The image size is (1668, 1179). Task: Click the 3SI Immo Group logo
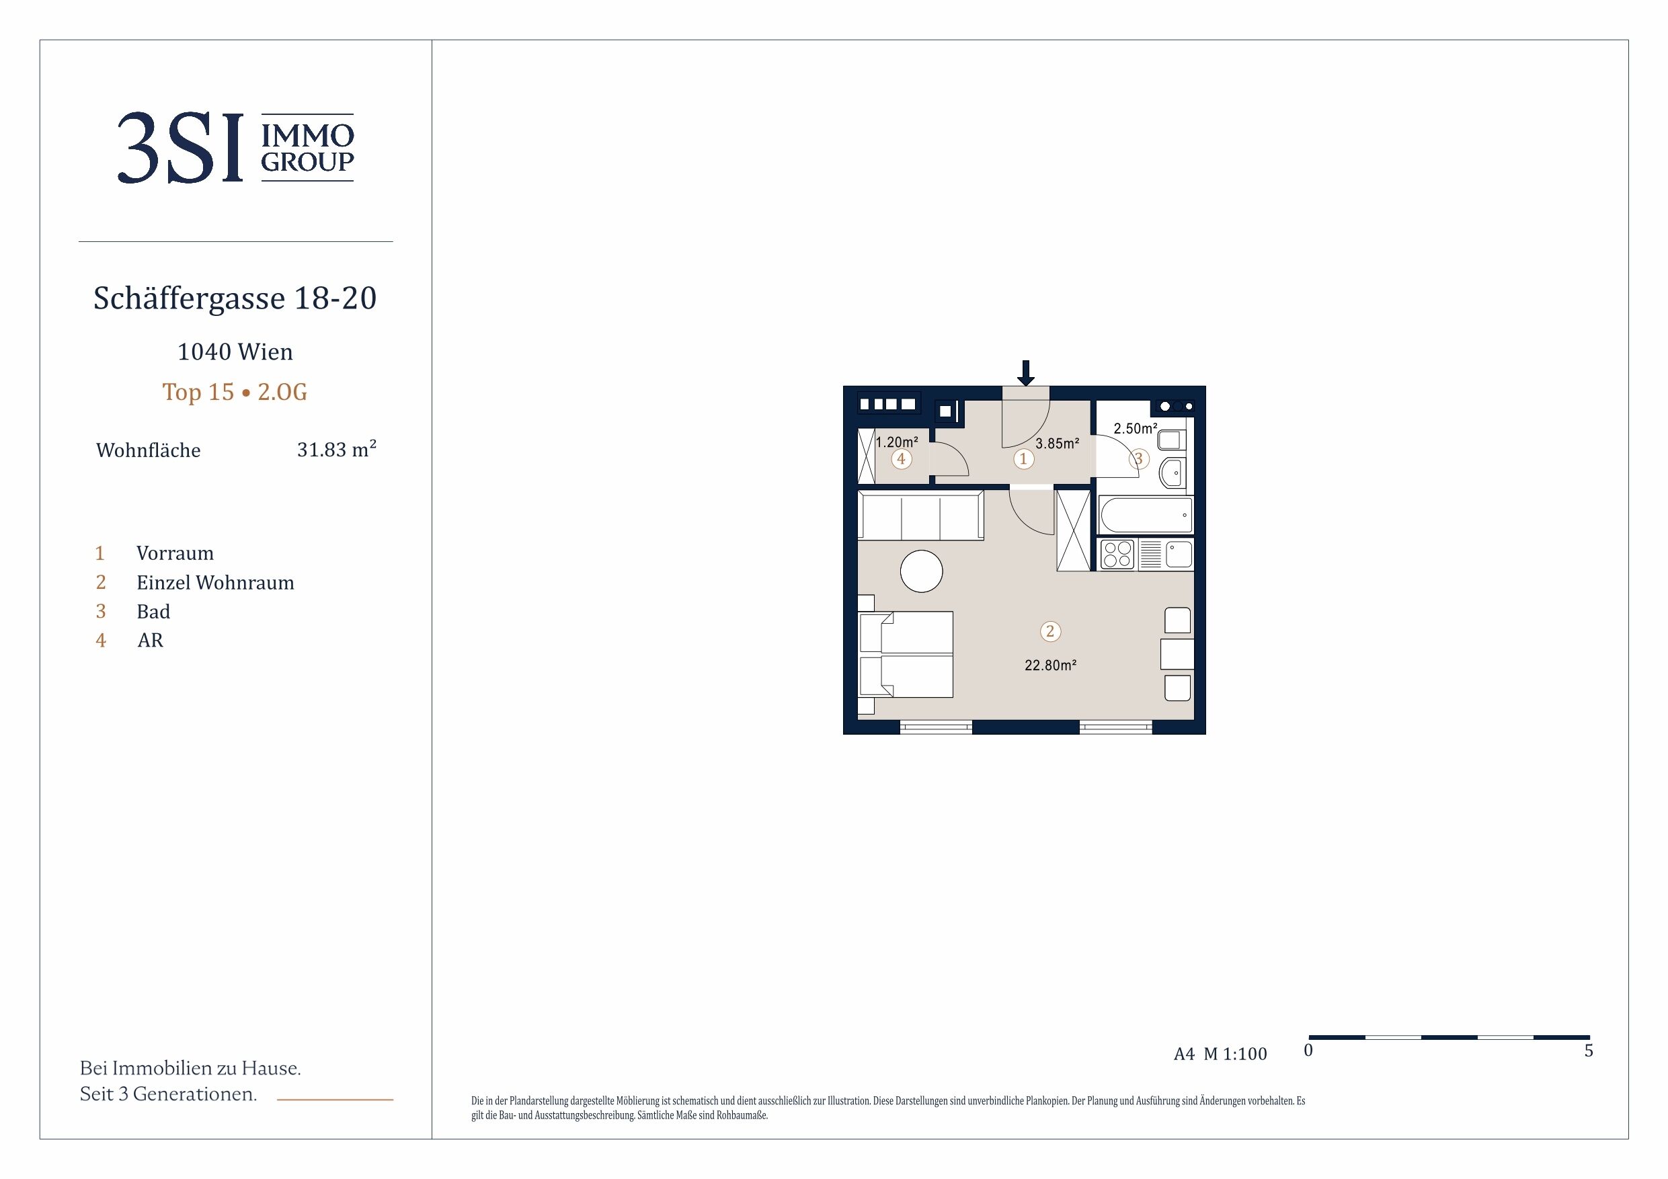point(235,147)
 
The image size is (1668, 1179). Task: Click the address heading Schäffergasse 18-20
point(235,298)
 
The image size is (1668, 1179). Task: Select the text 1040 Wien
point(235,352)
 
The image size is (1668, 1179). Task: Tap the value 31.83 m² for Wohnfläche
point(336,449)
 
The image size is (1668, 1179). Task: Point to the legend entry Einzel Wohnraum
point(215,583)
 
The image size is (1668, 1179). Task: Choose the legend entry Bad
point(153,612)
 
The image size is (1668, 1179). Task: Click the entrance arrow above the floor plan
point(1025,372)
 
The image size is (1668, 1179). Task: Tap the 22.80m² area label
point(1051,665)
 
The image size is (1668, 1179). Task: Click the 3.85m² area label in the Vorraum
point(1057,443)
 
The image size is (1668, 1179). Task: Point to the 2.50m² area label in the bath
point(1135,429)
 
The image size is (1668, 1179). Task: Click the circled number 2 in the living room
point(1049,631)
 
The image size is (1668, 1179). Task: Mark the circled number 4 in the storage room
point(902,459)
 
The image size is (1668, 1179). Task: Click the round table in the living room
point(921,571)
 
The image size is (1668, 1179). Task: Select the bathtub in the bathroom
point(1146,515)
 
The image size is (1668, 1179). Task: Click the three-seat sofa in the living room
point(920,515)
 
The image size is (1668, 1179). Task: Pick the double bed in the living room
point(906,655)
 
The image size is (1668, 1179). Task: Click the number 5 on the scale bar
point(1589,1051)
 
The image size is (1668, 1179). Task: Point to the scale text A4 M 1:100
point(1220,1054)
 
